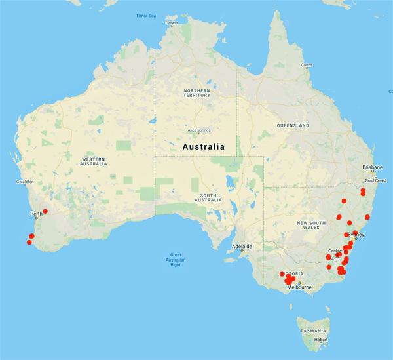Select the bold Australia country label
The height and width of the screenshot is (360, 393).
[203, 146]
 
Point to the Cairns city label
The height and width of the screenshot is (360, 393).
[307, 65]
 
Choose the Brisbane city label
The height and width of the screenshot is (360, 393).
[373, 167]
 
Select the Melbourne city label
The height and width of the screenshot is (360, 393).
[299, 287]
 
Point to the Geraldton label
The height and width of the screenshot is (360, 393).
[24, 181]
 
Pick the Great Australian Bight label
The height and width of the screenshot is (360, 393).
[176, 258]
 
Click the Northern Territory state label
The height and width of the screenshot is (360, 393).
[197, 92]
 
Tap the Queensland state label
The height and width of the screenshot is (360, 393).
[291, 125]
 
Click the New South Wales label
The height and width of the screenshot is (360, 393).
[312, 226]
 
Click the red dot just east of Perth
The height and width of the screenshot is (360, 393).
[45, 211]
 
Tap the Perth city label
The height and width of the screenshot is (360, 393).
[36, 214]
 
